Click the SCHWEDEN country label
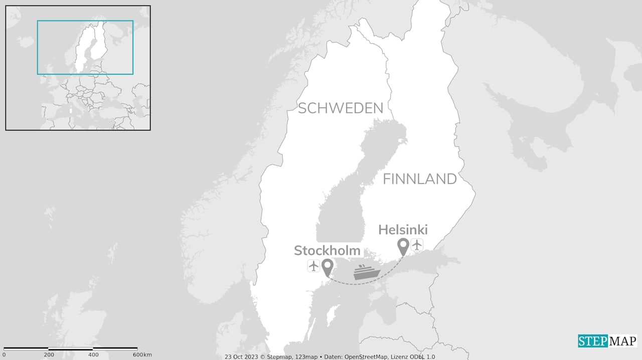tap(341, 108)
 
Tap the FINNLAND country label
tap(420, 179)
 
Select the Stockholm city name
tap(327, 250)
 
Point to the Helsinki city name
tap(403, 230)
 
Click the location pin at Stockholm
tap(328, 267)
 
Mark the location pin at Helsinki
tap(403, 246)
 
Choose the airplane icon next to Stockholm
tap(314, 266)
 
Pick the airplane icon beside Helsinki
tap(417, 245)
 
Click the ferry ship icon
tap(367, 272)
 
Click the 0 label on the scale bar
tap(4, 354)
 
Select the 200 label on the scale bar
tap(49, 354)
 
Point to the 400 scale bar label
tap(93, 354)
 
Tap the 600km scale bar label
tap(142, 354)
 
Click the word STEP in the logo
tap(592, 341)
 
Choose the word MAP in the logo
tap(622, 341)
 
